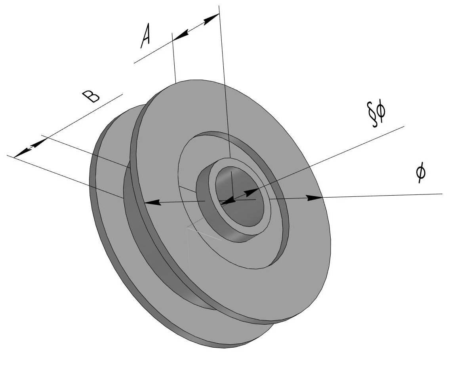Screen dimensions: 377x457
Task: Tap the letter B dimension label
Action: click(x=91, y=96)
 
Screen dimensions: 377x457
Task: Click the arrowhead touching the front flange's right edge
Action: click(x=315, y=197)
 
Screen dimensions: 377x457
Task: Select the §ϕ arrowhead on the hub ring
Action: click(x=251, y=193)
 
